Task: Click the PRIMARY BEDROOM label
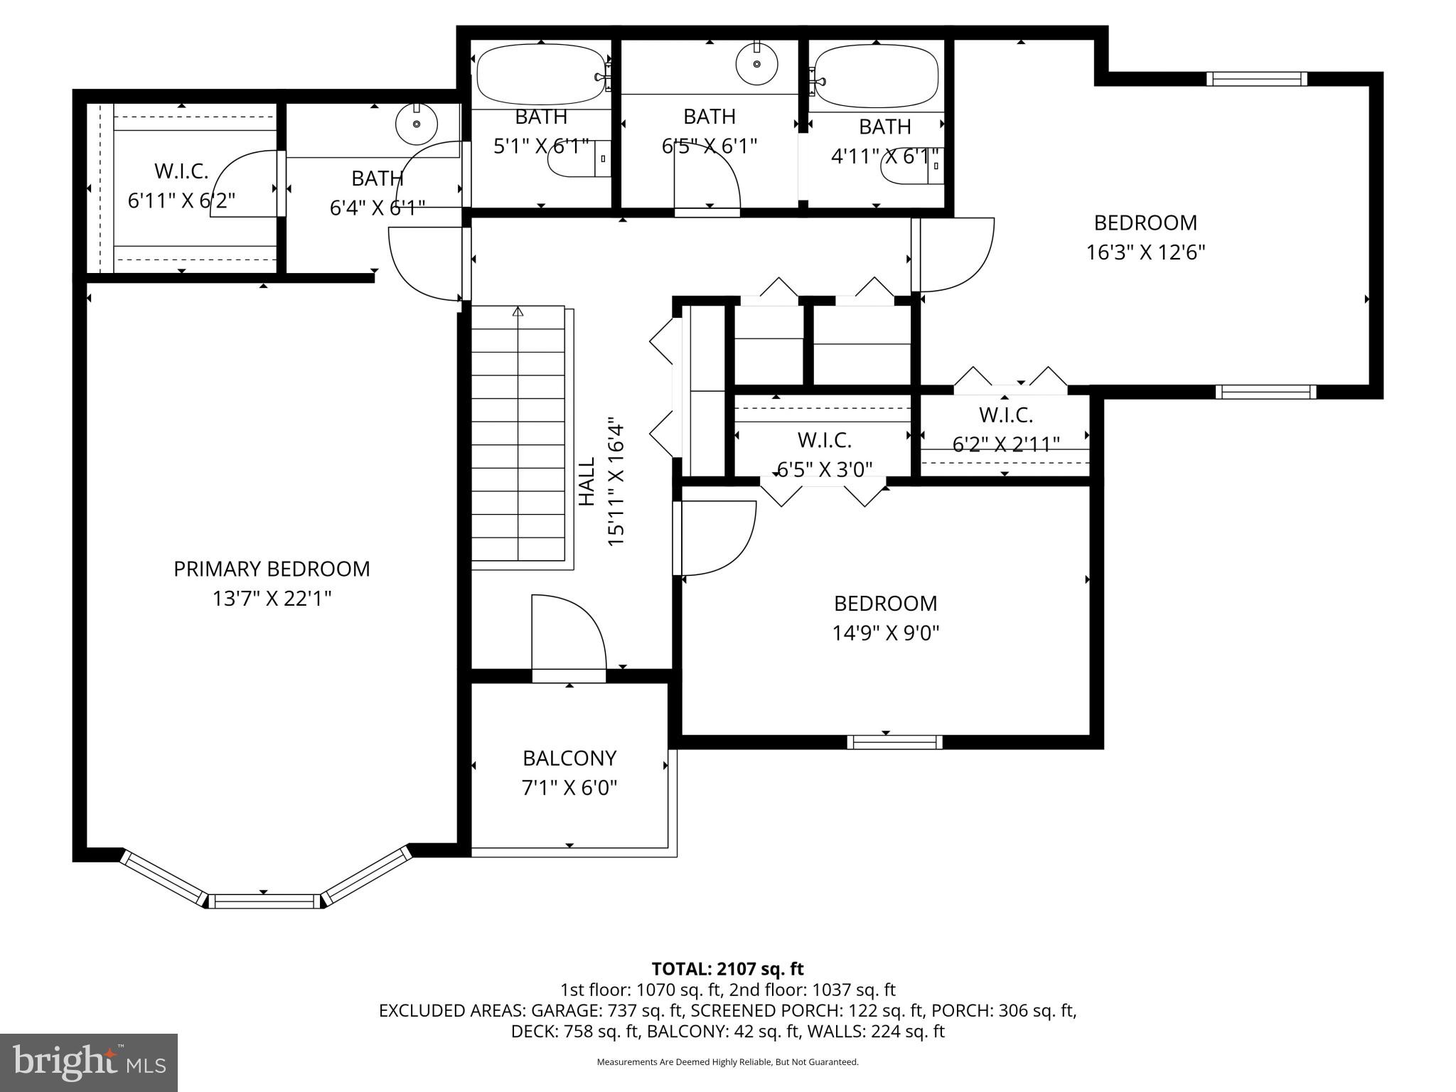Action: click(272, 569)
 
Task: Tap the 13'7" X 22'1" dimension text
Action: click(272, 599)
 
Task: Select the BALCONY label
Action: click(569, 758)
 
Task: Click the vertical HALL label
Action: click(587, 481)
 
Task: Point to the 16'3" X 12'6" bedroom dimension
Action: click(1145, 252)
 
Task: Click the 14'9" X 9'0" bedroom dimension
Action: click(886, 633)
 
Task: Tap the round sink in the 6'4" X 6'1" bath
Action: click(416, 123)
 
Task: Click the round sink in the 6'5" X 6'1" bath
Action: click(756, 64)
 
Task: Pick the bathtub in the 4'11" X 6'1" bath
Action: click(876, 75)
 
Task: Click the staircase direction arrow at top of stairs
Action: click(518, 311)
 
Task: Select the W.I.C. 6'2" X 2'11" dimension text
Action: click(1005, 444)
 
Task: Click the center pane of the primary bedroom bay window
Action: click(264, 901)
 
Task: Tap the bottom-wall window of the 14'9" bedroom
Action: click(894, 742)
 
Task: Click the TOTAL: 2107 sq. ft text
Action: click(727, 968)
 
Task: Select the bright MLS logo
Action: click(89, 1062)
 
